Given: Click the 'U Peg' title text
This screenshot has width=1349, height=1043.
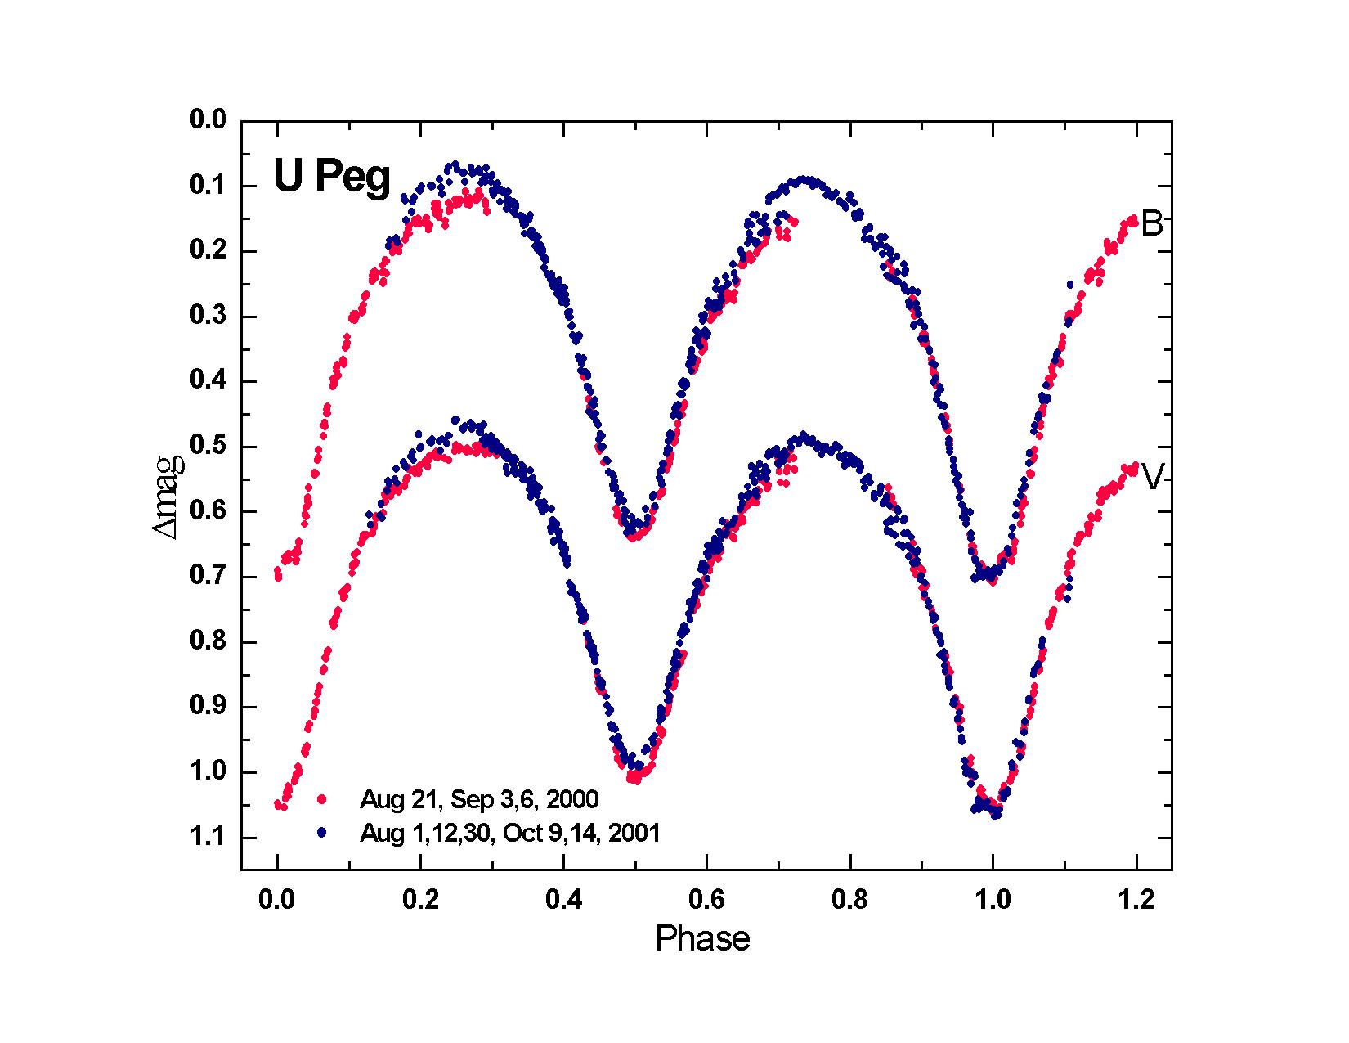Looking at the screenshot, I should pos(332,178).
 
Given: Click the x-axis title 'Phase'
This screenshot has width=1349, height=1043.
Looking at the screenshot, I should pos(702,939).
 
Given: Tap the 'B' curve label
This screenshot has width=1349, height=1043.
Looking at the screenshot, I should pos(1151,224).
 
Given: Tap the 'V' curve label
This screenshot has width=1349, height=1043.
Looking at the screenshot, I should pos(1152,478).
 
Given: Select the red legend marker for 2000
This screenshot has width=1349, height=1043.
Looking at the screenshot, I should pos(322,798).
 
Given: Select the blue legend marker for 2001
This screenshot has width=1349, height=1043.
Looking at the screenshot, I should pos(322,833).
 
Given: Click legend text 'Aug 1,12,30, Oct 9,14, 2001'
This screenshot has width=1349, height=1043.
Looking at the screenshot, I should pos(509,834).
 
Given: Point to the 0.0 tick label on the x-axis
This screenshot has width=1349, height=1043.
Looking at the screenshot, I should pos(277,901).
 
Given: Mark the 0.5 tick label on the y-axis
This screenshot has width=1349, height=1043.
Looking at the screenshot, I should pos(207,447).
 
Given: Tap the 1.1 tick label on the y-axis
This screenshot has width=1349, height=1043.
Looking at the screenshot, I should pos(207,838).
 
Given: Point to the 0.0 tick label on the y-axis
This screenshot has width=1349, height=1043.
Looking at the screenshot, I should pos(207,121).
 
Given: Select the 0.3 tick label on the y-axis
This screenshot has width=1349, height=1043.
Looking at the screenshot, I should pos(207,317).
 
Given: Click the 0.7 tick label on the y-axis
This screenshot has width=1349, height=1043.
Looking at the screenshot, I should pos(207,577).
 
